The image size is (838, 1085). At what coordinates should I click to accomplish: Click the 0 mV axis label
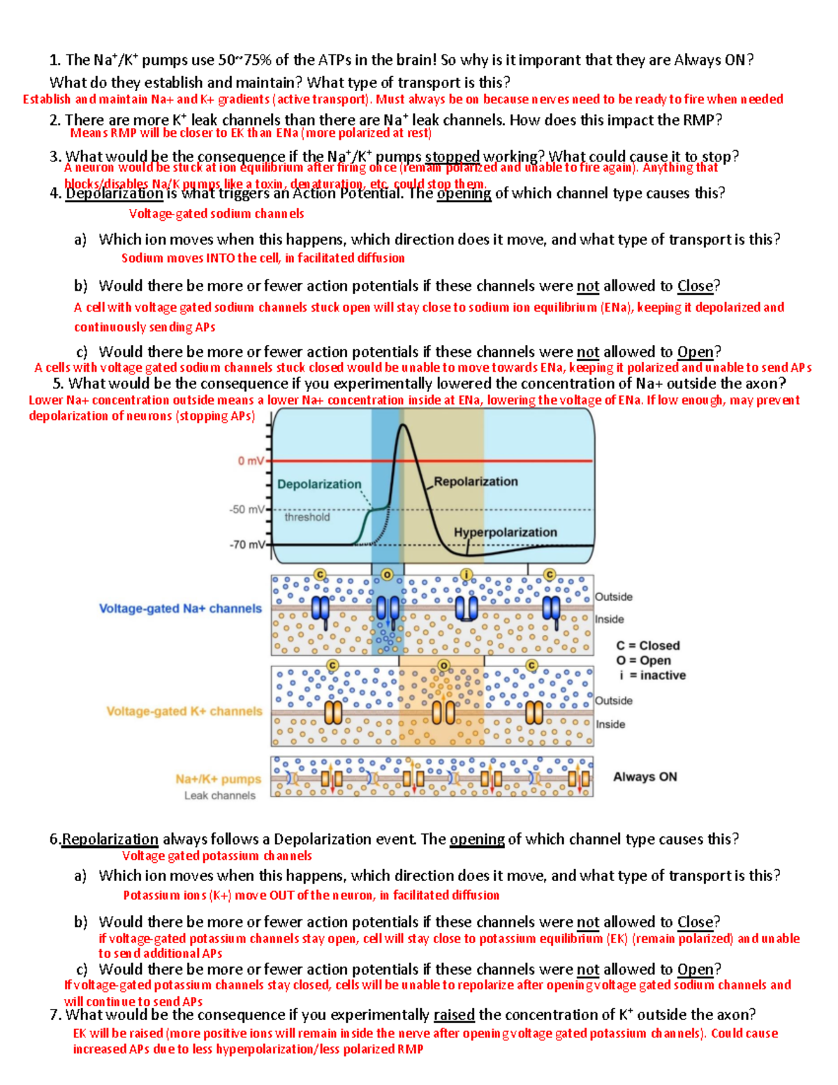point(251,461)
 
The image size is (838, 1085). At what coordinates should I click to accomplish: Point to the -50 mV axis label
point(247,509)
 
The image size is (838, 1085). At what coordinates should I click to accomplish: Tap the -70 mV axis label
point(247,544)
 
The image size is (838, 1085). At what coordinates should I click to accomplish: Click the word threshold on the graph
point(307,517)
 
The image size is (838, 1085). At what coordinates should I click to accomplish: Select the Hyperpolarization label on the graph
point(505,532)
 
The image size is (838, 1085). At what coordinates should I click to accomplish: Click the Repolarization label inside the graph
point(476,481)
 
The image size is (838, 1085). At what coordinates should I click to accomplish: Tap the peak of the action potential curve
point(402,425)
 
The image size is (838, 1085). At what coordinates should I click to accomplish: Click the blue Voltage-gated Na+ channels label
point(180,609)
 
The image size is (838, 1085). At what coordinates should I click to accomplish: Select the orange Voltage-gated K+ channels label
point(184,711)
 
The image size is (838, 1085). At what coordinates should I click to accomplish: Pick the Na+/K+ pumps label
point(218,779)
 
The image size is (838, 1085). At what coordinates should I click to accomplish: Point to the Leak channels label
point(220,795)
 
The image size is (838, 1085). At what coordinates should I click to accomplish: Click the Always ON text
point(645,777)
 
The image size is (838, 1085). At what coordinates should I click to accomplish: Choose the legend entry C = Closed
point(647,646)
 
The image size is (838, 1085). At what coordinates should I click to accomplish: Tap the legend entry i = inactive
point(652,675)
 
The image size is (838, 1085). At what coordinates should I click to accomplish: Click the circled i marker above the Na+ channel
point(466,574)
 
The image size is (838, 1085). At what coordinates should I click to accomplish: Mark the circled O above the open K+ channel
point(443,664)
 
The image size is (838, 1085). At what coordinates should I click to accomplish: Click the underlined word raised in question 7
point(454,1014)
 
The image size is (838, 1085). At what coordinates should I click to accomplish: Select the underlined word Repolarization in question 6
point(110,839)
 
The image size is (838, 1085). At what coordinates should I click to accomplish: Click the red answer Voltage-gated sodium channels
point(216,214)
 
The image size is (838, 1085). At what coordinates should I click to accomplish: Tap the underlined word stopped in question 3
point(452,156)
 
